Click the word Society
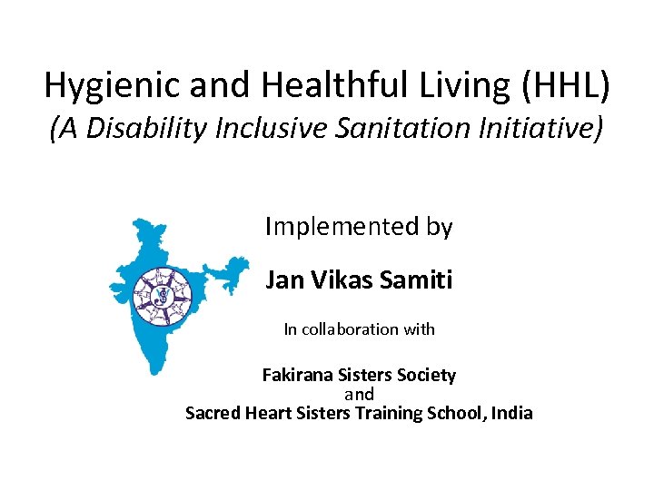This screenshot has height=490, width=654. click(x=426, y=375)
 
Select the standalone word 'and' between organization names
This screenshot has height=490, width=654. click(x=359, y=394)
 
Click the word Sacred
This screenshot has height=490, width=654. click(x=212, y=414)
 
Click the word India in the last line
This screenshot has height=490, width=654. click(x=512, y=414)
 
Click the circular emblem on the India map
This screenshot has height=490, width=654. click(x=163, y=296)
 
